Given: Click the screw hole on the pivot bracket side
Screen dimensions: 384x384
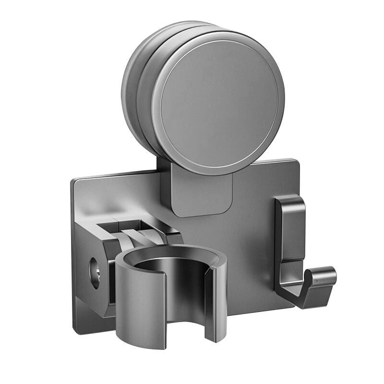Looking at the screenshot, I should click(95, 273).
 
